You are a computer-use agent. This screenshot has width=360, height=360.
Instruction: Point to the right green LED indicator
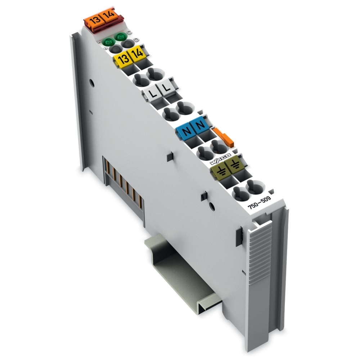[120, 36]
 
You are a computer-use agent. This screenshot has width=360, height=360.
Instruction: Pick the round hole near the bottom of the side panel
[212, 207]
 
